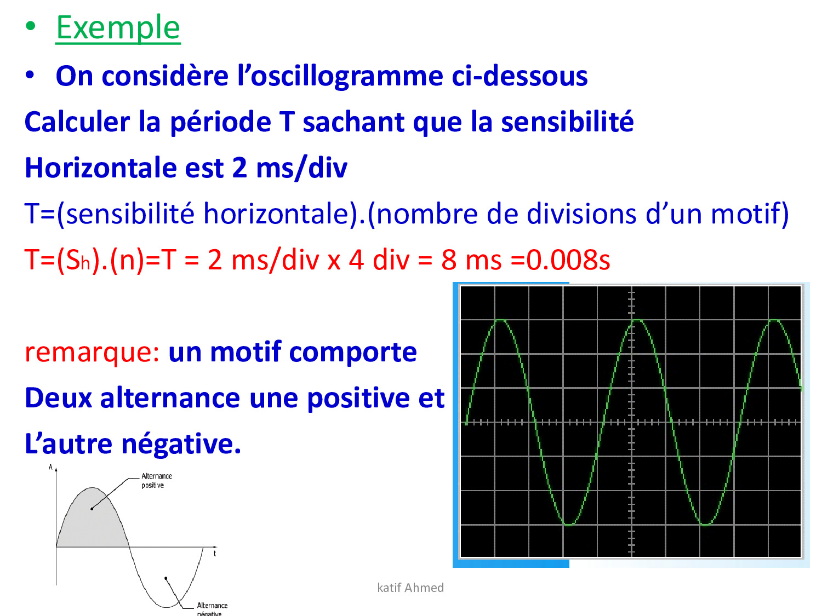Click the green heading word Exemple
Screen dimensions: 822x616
tap(118, 28)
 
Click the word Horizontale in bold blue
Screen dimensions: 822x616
tap(100, 168)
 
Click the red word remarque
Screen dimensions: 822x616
tap(92, 352)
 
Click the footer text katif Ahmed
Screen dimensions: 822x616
tap(410, 587)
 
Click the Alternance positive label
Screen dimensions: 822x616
tap(157, 481)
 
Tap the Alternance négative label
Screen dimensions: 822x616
tap(212, 608)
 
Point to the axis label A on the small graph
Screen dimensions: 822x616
tap(50, 467)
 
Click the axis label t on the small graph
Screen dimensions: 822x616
tap(215, 554)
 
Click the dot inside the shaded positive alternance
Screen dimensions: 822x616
tap(92, 509)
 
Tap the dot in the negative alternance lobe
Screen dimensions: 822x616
tap(166, 578)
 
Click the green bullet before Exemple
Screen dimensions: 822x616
tap(30, 26)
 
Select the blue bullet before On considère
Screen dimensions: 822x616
tap(30, 74)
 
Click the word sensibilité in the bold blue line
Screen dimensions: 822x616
tap(567, 122)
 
